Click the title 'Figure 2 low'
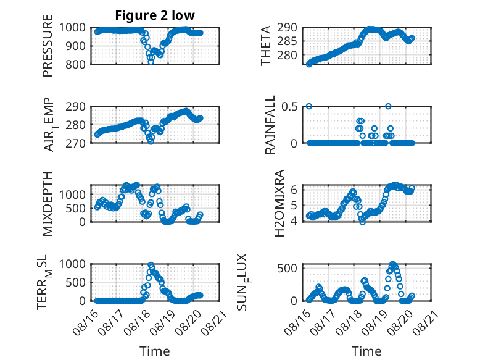click(x=155, y=15)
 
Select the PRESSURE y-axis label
click(x=48, y=46)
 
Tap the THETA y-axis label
click(x=266, y=46)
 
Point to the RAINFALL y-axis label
click(x=270, y=125)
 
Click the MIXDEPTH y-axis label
click(x=48, y=204)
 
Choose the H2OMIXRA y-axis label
click(x=279, y=203)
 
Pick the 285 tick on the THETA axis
click(x=287, y=41)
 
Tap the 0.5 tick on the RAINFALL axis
click(x=289, y=106)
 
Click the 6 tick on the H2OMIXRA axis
click(x=294, y=190)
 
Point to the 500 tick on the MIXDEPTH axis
click(x=75, y=208)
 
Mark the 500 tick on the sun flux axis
click(x=287, y=269)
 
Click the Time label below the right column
click(x=366, y=351)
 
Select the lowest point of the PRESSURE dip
click(x=151, y=62)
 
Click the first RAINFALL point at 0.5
click(x=309, y=106)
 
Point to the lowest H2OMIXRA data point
click(x=362, y=222)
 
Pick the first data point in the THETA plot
click(x=309, y=64)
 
